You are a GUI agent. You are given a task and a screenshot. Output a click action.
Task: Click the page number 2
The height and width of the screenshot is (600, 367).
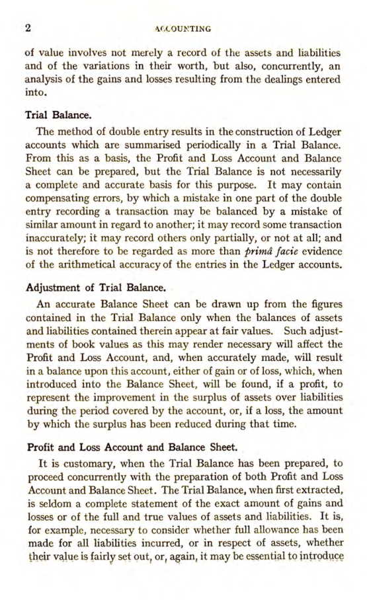click(28, 28)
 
